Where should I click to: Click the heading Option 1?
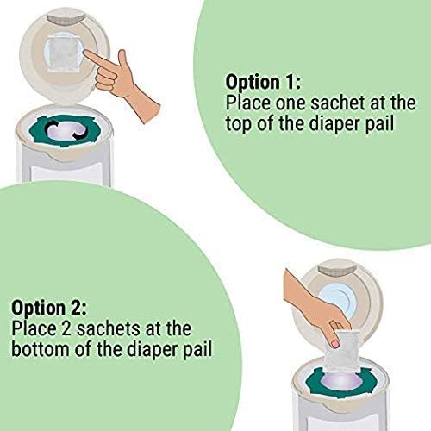pos(263,81)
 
